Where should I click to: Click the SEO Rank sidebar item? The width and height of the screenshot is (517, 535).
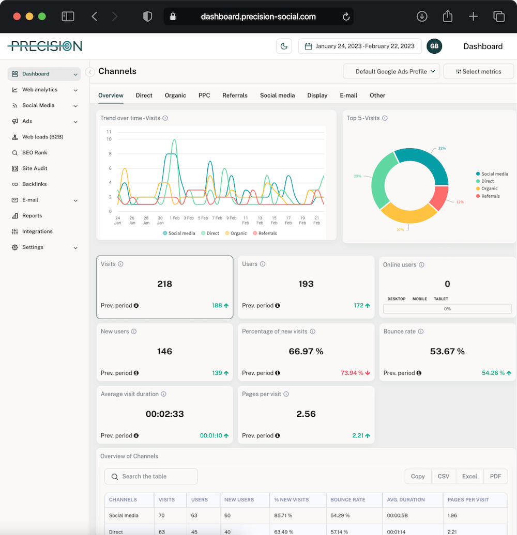click(x=34, y=153)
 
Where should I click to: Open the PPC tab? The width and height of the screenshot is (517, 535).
click(x=204, y=96)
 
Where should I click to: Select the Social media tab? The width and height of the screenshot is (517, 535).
click(x=277, y=96)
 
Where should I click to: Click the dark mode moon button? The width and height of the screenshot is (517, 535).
click(x=284, y=46)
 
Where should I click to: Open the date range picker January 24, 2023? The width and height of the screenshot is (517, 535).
click(x=360, y=46)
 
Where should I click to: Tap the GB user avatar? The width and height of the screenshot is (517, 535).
click(x=434, y=46)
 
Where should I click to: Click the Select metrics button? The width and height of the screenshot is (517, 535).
click(x=479, y=72)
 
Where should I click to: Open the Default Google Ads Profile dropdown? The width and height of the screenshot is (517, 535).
click(x=391, y=72)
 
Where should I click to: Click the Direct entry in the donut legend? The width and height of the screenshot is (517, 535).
click(x=488, y=181)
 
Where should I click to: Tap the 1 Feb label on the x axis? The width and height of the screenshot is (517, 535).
click(x=175, y=218)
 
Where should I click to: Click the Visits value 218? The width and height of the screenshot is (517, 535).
click(x=164, y=284)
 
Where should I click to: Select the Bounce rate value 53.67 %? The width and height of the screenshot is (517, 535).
click(x=447, y=352)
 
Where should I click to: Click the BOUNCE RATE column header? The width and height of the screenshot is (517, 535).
click(x=348, y=500)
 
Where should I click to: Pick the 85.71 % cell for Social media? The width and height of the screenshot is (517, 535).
click(x=284, y=516)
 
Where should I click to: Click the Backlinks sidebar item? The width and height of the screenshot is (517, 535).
click(x=34, y=184)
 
